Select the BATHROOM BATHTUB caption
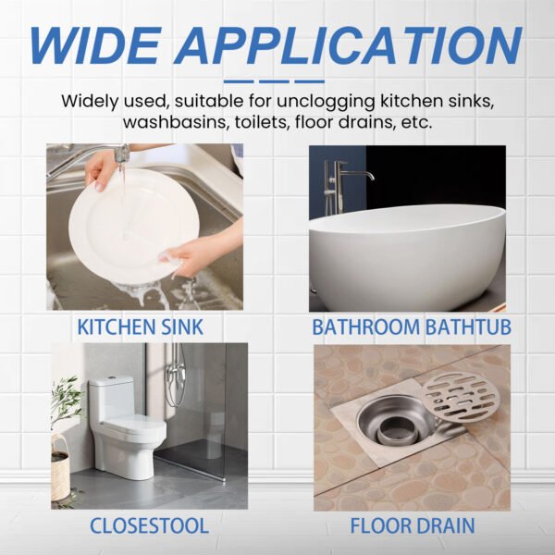(x=411, y=327)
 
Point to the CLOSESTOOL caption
(x=149, y=526)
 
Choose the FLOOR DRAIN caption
(x=413, y=526)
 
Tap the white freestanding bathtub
(x=407, y=254)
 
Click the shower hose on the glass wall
(x=174, y=379)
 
